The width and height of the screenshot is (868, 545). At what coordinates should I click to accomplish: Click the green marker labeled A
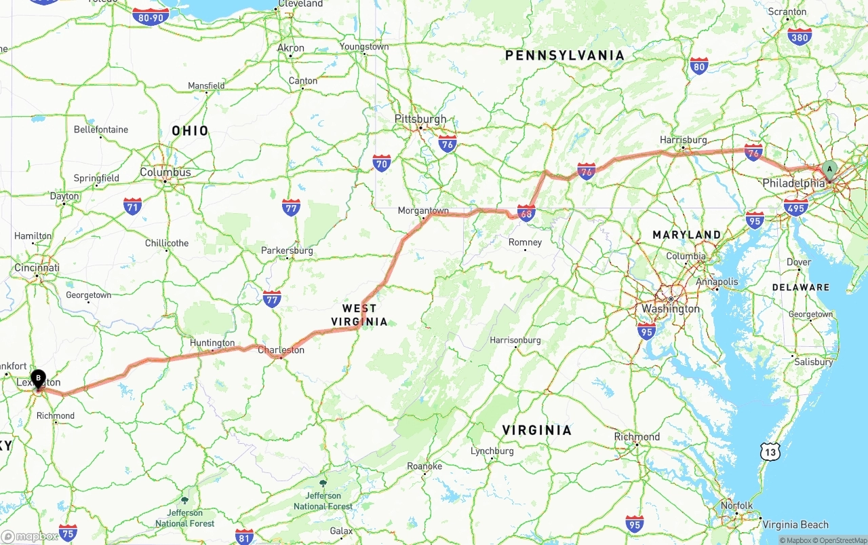[829, 170]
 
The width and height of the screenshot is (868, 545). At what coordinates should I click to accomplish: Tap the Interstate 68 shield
[526, 213]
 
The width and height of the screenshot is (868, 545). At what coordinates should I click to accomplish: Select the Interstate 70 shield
[382, 163]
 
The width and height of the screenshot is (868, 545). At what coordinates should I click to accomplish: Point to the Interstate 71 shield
[133, 206]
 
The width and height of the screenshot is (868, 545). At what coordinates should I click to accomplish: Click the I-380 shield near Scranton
[800, 37]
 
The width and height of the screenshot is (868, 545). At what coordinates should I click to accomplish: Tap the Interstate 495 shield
[795, 206]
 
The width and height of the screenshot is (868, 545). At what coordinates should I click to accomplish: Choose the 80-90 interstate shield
[151, 17]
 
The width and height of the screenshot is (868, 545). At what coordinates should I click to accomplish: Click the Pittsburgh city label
[420, 119]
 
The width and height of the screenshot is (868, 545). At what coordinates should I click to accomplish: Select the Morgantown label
[423, 211]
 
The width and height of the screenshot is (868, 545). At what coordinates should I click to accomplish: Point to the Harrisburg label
[684, 140]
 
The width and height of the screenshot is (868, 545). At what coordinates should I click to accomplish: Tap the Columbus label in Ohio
[165, 172]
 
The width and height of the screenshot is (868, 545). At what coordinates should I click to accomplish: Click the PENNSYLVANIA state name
[565, 56]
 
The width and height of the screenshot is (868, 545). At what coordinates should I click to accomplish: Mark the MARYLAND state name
[687, 235]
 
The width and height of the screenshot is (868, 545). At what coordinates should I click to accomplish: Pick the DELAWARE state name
[800, 288]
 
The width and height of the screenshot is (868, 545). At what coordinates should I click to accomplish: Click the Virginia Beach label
[795, 525]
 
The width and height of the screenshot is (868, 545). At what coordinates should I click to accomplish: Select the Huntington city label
[212, 343]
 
